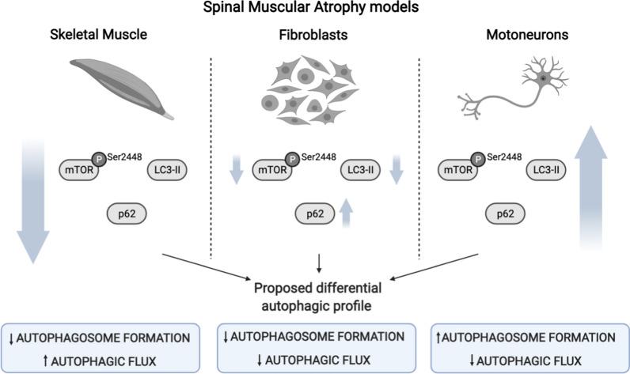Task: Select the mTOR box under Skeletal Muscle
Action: pos(79,168)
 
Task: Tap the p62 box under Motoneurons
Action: pos(524,213)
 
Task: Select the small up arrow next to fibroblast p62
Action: pos(345,213)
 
